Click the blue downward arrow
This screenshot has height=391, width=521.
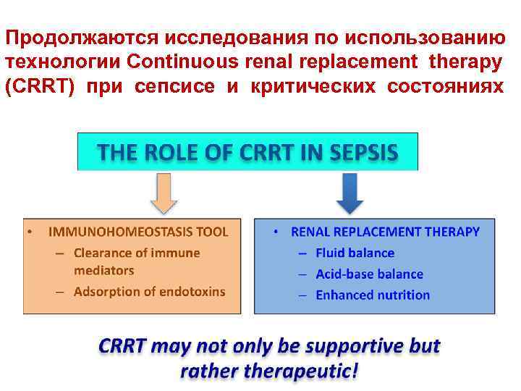tap(350, 194)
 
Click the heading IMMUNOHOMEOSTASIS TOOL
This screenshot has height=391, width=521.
tap(138, 232)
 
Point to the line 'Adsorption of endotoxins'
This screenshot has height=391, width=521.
tap(149, 292)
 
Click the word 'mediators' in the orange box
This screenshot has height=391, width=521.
tap(104, 270)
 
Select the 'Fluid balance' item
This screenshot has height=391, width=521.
tap(355, 253)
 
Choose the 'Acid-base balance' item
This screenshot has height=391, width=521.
tap(369, 274)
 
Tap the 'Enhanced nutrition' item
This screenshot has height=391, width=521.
tap(373, 295)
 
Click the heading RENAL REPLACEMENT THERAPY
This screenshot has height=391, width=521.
tap(385, 232)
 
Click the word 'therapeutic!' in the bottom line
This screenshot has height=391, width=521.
tap(303, 372)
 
